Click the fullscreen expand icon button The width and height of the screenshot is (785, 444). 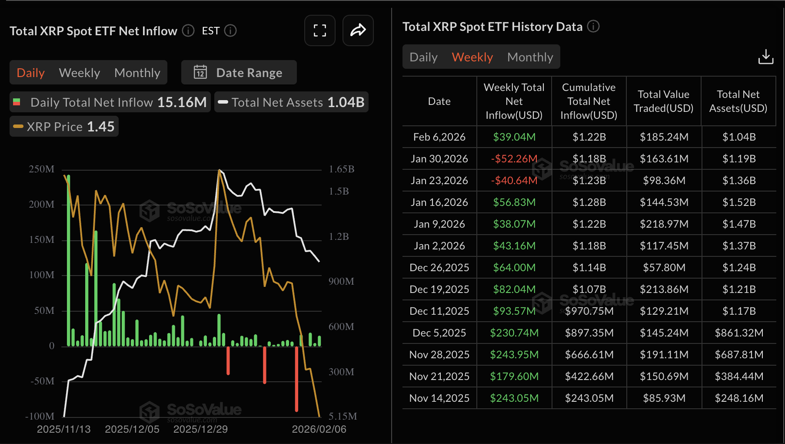(320, 30)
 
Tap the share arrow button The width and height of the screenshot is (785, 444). (358, 30)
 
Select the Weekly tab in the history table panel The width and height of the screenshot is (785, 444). (472, 57)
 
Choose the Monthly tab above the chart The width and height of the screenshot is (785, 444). (137, 73)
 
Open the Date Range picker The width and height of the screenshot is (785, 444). (239, 73)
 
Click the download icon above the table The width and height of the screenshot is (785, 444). (765, 57)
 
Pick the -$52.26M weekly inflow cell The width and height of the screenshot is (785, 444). (514, 159)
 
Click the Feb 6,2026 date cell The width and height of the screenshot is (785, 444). (439, 137)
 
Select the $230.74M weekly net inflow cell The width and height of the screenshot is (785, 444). (514, 333)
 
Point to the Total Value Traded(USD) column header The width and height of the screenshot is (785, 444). (663, 101)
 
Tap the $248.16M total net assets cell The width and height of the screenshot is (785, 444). (739, 398)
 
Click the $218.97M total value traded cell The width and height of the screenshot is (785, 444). (664, 224)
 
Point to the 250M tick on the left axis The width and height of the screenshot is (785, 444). (42, 169)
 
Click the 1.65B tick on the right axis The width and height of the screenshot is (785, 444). (341, 169)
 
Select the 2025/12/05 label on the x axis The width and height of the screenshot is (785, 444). (132, 429)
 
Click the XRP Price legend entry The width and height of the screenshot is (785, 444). (64, 127)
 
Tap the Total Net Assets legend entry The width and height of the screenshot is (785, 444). (291, 102)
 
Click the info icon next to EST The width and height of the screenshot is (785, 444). (230, 31)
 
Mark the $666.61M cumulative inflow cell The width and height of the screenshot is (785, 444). (589, 355)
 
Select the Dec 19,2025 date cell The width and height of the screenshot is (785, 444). (439, 289)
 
